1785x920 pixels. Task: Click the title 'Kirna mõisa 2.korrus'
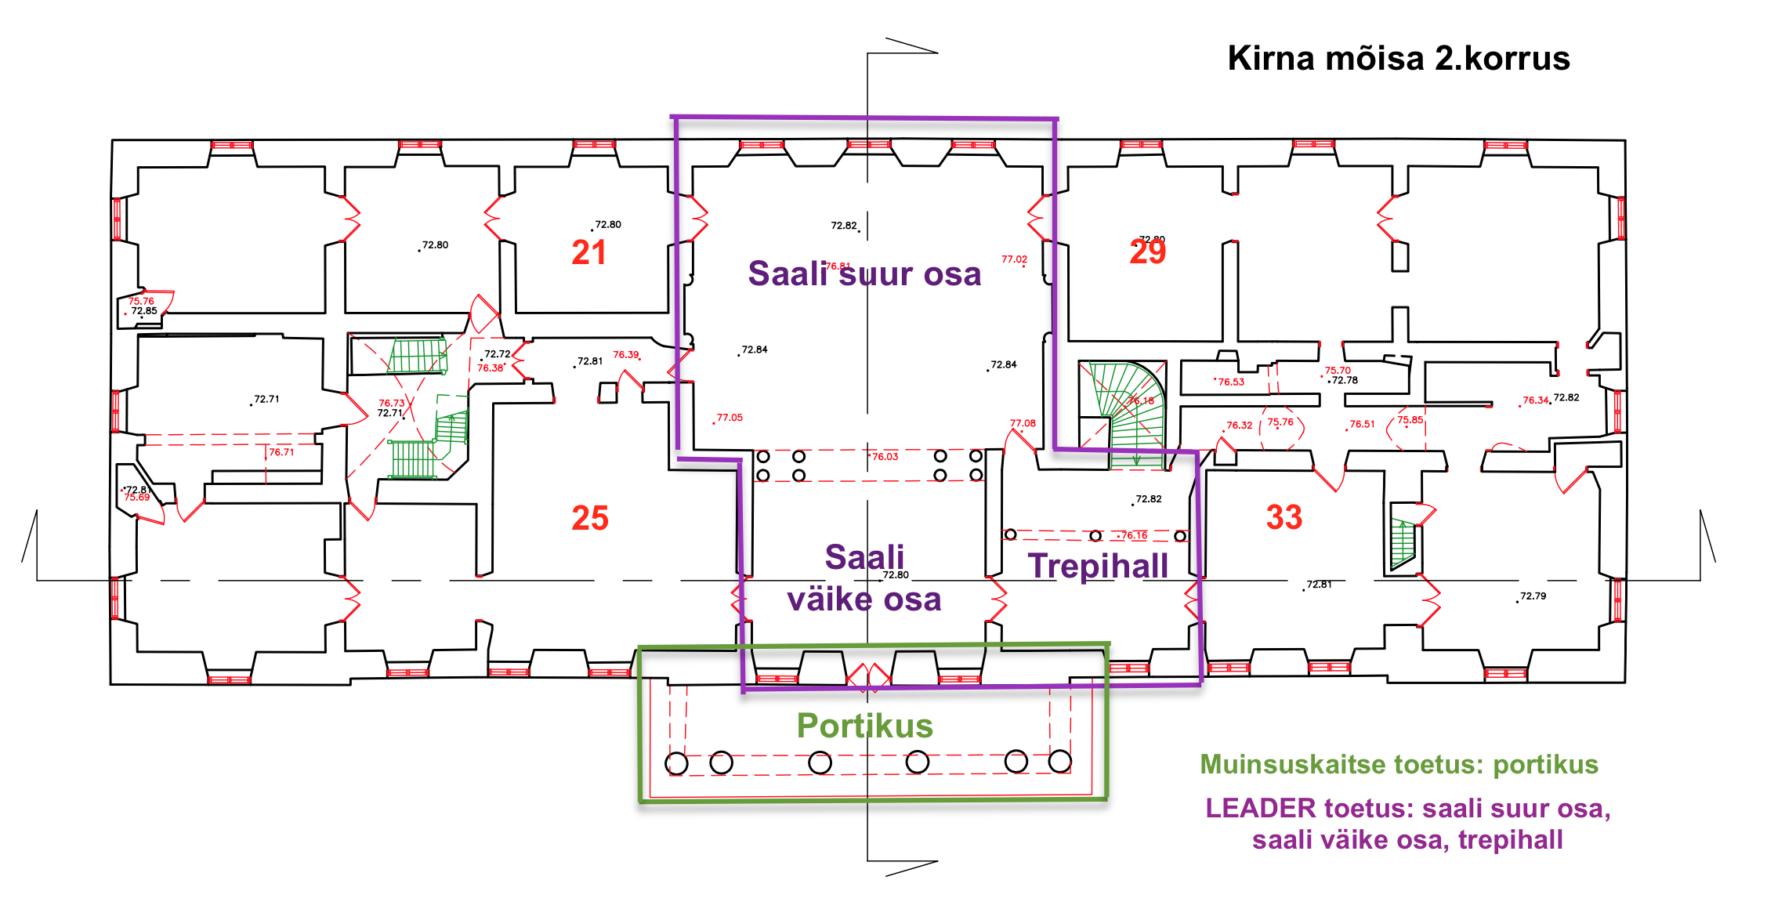[1398, 59]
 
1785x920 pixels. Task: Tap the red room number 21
[588, 252]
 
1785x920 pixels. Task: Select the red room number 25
[590, 518]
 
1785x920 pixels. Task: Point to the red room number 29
[1147, 252]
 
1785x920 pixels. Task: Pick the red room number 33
[1284, 517]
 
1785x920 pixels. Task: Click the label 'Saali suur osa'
[864, 274]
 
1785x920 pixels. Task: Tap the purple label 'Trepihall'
[1098, 566]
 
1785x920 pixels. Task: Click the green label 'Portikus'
[864, 726]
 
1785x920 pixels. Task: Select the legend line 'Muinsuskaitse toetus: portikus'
[1399, 764]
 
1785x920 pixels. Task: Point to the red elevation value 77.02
[1014, 259]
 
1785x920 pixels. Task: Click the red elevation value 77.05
[730, 418]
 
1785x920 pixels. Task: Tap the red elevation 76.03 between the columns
[885, 457]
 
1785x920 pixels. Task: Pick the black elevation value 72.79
[1533, 596]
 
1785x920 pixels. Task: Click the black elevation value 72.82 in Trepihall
[1149, 499]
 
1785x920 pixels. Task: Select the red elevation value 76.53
[1231, 382]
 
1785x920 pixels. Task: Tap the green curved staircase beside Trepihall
[1124, 411]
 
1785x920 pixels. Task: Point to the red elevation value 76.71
[281, 452]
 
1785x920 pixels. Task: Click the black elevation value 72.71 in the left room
[266, 399]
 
